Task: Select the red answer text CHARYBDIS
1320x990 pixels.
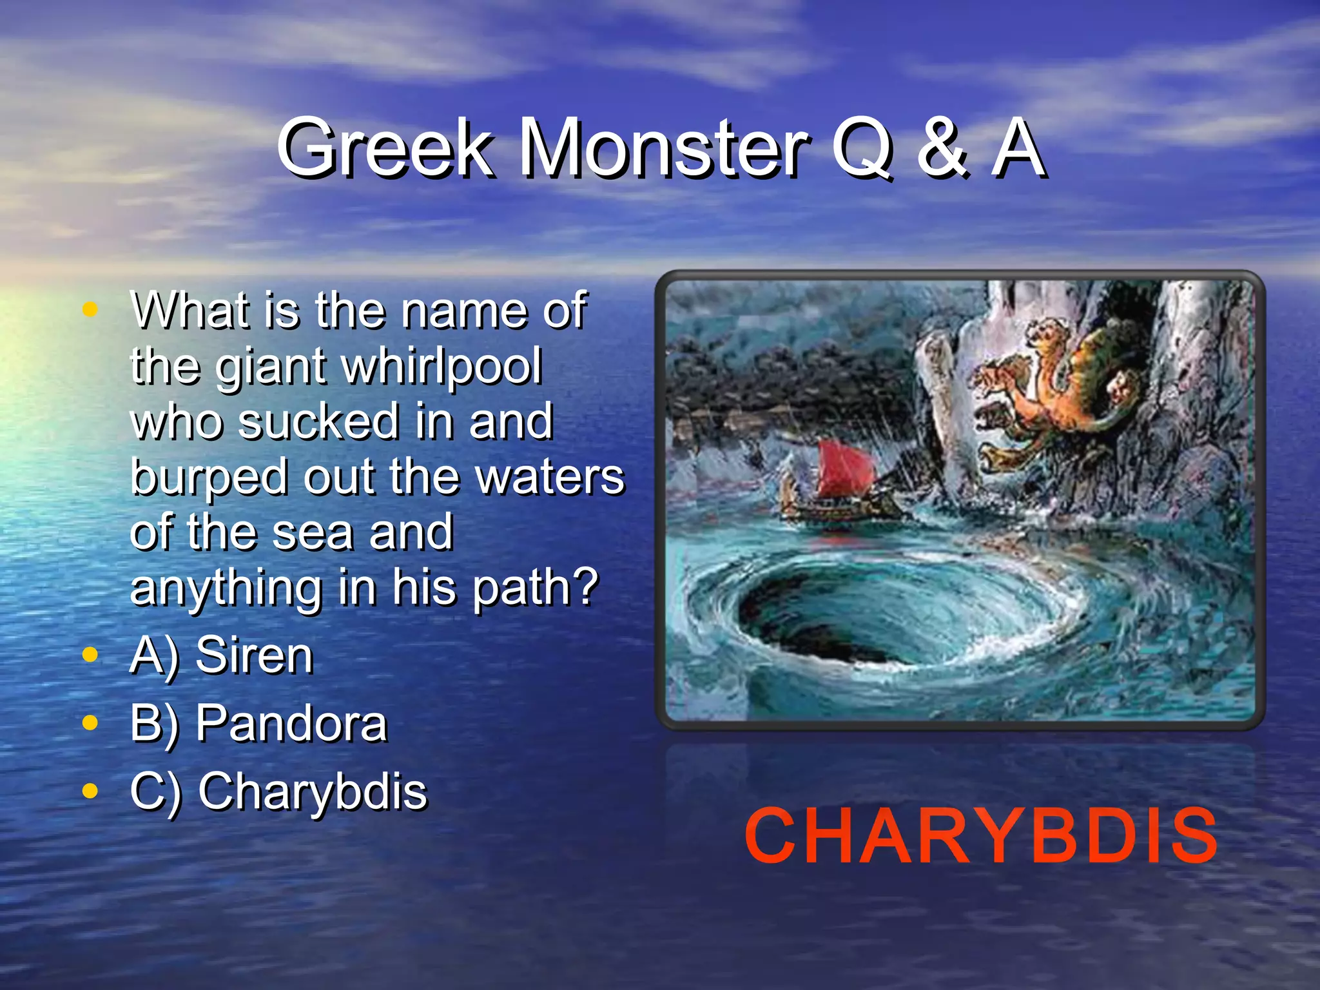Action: point(980,836)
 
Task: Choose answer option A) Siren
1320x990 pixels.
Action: point(221,655)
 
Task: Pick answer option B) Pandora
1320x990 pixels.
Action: point(258,724)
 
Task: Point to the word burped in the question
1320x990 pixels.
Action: point(208,477)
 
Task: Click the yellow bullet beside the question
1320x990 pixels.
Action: point(90,309)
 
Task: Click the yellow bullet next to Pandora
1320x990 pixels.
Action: point(90,723)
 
